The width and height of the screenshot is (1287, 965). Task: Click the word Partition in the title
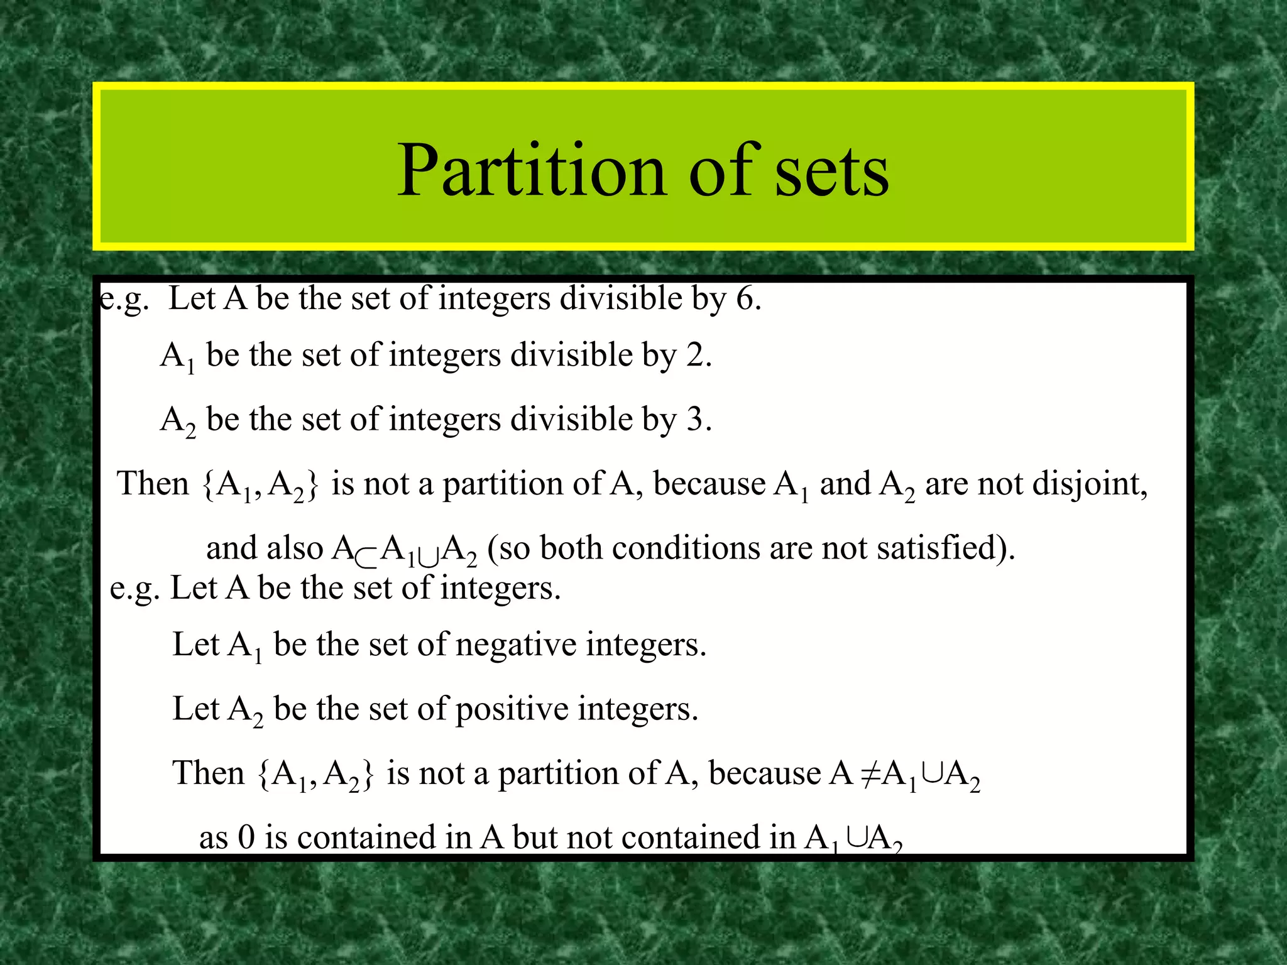coord(531,171)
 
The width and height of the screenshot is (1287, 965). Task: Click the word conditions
coord(686,548)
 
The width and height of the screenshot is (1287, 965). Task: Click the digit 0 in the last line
coord(246,838)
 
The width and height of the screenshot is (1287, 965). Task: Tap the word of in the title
coord(726,171)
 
